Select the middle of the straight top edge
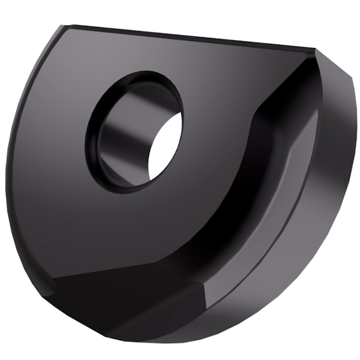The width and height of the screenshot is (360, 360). point(186,37)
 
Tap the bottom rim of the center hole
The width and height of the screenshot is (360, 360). point(129,191)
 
